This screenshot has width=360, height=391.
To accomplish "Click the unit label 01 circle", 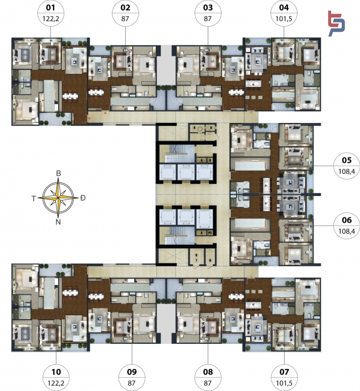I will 50,13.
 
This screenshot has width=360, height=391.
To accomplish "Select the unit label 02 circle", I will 125,13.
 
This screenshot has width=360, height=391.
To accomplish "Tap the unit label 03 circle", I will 208,13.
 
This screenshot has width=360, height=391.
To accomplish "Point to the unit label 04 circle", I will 284,13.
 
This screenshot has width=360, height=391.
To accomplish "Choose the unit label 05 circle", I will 347,166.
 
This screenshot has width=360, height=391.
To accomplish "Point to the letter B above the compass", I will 58,173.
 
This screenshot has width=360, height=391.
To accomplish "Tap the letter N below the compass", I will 58,222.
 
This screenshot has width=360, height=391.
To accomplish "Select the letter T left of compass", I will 34,198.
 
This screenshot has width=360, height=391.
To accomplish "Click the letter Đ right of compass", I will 83,198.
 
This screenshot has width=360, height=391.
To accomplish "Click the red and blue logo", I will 336,24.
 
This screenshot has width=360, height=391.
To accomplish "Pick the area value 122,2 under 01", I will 50,18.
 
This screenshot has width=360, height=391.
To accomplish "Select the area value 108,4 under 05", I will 347,171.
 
